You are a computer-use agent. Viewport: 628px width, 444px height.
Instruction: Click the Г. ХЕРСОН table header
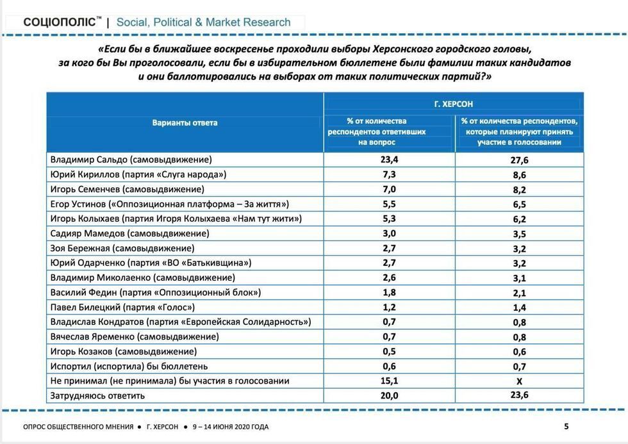[x=453, y=104]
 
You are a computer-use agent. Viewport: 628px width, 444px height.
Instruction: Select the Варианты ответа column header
[x=185, y=122]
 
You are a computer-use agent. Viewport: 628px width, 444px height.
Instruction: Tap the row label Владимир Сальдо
[x=131, y=160]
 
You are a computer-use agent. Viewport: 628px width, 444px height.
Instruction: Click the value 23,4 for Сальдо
[x=389, y=160]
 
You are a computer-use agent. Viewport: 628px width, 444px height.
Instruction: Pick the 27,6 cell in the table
[x=520, y=160]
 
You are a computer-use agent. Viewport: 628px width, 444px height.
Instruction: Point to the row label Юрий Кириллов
[x=138, y=174]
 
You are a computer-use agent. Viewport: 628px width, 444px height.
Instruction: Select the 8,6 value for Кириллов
[x=520, y=175]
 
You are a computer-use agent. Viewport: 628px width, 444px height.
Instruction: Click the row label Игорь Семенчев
[x=127, y=189]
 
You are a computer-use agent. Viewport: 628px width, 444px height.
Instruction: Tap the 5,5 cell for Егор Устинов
[x=389, y=204]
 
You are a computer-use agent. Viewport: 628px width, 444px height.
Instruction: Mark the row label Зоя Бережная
[x=122, y=248]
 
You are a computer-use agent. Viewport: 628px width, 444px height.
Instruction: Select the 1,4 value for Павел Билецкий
[x=520, y=308]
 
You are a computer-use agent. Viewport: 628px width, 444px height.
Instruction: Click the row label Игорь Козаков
[x=123, y=351]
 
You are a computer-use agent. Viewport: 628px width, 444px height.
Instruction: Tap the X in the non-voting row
[x=520, y=381]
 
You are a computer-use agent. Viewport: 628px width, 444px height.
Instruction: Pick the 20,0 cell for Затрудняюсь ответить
[x=389, y=396]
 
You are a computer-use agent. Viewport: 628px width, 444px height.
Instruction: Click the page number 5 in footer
[x=566, y=426]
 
